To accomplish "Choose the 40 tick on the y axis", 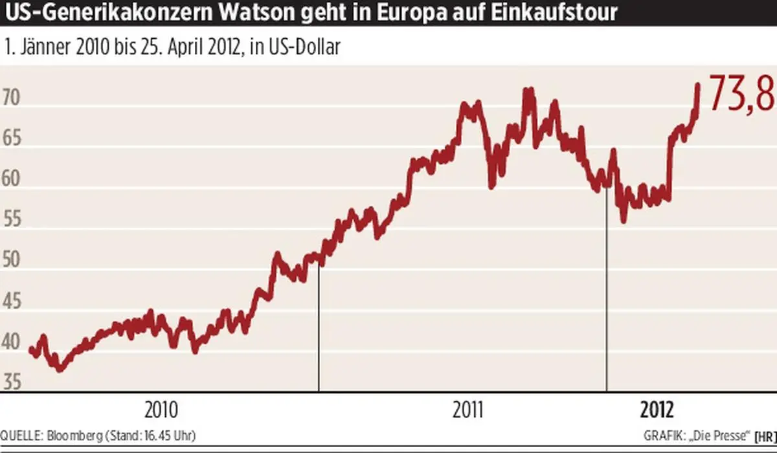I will pos(14,342).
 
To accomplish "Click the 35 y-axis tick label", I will pos(14,383).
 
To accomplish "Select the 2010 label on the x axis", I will pos(161,410).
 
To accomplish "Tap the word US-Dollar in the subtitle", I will pos(309,47).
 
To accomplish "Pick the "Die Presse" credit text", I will pos(722,436).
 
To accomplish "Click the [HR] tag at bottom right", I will pos(765,436).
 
